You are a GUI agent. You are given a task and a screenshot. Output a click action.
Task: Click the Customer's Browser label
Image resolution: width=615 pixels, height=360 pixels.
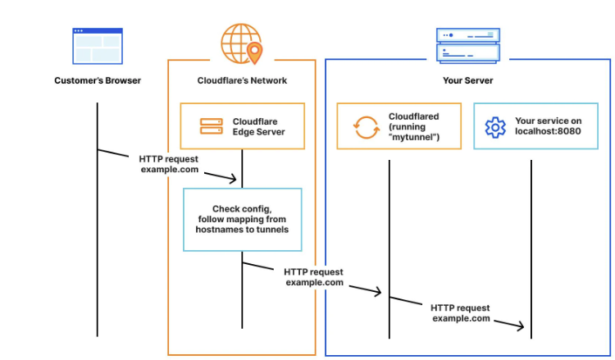(98, 80)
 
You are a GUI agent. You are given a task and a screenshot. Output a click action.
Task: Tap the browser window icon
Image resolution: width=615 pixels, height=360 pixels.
(98, 46)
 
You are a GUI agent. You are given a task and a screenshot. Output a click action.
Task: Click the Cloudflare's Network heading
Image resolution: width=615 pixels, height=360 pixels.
(242, 80)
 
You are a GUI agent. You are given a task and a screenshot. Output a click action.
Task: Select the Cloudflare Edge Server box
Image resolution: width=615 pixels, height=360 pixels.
(242, 125)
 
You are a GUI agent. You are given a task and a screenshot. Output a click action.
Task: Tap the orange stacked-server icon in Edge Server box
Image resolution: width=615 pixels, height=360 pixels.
(212, 126)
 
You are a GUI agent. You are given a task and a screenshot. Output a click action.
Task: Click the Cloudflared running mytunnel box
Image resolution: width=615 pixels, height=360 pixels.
(399, 125)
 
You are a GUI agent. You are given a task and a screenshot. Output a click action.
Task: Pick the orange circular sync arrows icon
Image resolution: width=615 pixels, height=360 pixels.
(364, 127)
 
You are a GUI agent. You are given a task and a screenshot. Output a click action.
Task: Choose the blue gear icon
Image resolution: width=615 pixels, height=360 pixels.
(494, 127)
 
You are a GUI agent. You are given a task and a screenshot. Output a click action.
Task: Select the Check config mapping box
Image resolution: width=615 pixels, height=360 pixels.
(242, 219)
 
